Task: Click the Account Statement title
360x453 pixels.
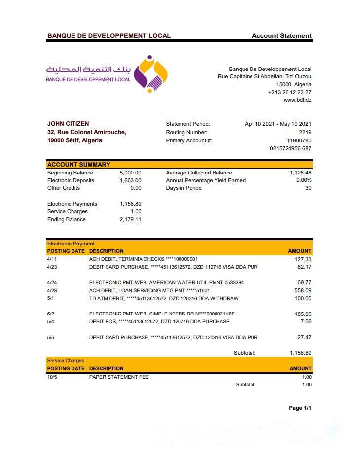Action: point(282,35)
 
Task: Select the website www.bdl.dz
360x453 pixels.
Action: point(297,100)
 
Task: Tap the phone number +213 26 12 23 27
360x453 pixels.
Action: point(289,92)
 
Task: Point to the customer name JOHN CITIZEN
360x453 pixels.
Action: point(68,124)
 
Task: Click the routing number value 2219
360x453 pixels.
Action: point(305,132)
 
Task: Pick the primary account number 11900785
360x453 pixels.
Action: point(299,140)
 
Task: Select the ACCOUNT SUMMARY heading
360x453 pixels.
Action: point(79,165)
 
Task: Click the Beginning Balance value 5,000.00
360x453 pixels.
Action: point(130,173)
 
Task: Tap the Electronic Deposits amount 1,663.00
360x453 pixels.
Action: point(130,180)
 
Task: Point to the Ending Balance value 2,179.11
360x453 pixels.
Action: point(130,219)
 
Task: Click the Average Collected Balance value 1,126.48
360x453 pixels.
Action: point(300,173)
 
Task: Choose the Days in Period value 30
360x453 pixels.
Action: point(308,188)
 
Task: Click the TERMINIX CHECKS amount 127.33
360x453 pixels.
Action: point(303,259)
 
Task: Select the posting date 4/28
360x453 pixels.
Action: point(52,290)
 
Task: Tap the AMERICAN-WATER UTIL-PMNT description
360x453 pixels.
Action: point(166,282)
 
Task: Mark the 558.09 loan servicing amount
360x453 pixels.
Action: point(303,290)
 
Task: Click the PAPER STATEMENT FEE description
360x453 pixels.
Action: point(119,377)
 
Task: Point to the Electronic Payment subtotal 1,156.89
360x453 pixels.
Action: point(300,353)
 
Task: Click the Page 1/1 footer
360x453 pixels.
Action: point(300,408)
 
